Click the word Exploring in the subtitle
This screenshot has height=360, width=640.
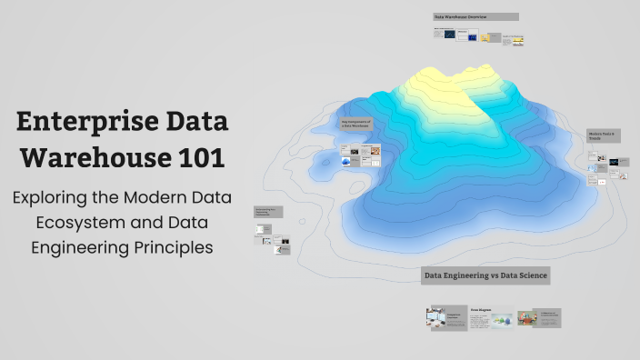coord(56,197)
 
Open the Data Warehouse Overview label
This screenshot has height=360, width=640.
coord(475,16)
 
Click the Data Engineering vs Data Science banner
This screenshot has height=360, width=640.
coord(485,275)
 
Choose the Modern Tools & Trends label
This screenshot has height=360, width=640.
coord(602,136)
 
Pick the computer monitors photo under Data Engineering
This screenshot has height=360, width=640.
coord(435,317)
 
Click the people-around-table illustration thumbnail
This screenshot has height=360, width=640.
coord(526,318)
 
